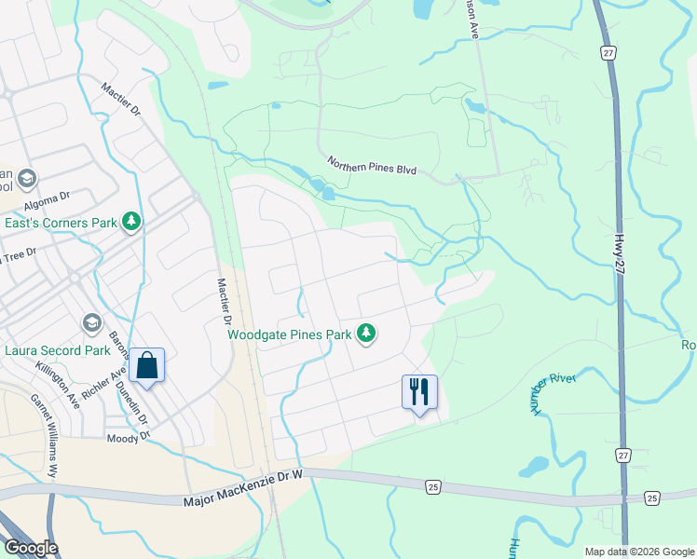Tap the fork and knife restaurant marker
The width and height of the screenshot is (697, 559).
click(419, 391)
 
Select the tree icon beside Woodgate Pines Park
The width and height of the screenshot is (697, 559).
click(367, 333)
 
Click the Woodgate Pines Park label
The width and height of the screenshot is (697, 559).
click(289, 334)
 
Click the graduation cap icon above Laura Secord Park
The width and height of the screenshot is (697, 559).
click(91, 323)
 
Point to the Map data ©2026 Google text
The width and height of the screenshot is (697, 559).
click(637, 552)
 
